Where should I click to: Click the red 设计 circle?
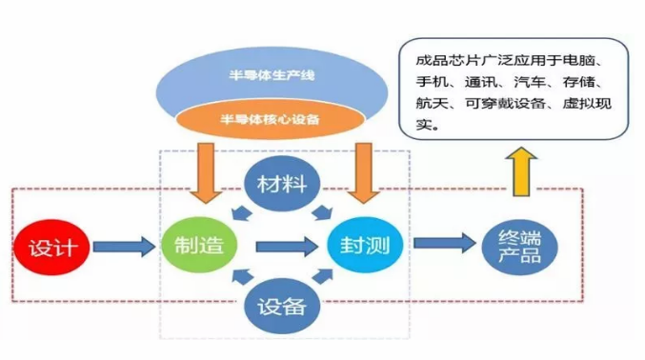click(x=51, y=248)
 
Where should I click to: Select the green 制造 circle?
click(x=199, y=245)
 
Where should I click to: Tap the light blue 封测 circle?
click(x=365, y=245)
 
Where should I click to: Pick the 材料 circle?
click(x=282, y=184)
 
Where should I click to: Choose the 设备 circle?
click(x=282, y=306)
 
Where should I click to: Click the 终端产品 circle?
click(x=519, y=247)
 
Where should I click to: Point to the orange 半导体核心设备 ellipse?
click(x=271, y=119)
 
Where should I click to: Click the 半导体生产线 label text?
click(x=272, y=75)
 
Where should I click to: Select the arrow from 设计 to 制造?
click(x=124, y=247)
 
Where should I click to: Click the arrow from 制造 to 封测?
click(x=287, y=247)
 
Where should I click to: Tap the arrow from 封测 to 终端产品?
click(x=445, y=243)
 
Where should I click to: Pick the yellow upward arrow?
click(x=521, y=171)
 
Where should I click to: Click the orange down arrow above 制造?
click(x=206, y=173)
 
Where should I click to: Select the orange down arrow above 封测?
click(x=363, y=173)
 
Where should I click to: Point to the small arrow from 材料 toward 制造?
click(x=241, y=213)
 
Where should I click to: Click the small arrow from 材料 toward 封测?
click(x=322, y=213)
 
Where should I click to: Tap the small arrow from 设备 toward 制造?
click(x=243, y=276)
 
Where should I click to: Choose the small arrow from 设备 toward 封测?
click(x=322, y=276)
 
